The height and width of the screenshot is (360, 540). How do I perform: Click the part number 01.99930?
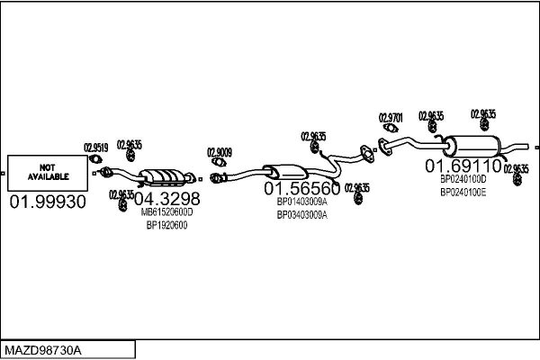point(47,202)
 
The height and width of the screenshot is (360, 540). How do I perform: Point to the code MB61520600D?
point(166,212)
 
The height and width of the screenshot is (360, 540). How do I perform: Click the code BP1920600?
point(166,226)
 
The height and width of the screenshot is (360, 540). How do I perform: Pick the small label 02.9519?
point(96,148)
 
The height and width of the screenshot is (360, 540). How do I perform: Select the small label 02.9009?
point(220,152)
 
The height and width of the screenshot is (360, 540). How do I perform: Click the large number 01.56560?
point(301,189)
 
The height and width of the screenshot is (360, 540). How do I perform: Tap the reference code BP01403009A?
point(301,203)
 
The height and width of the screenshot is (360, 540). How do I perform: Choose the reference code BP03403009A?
point(301,215)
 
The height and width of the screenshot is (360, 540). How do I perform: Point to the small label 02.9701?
point(391,117)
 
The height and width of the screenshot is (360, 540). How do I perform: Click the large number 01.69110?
point(463,166)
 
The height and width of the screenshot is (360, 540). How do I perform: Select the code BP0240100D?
point(463,179)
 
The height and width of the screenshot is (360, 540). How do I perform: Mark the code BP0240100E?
point(463,192)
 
